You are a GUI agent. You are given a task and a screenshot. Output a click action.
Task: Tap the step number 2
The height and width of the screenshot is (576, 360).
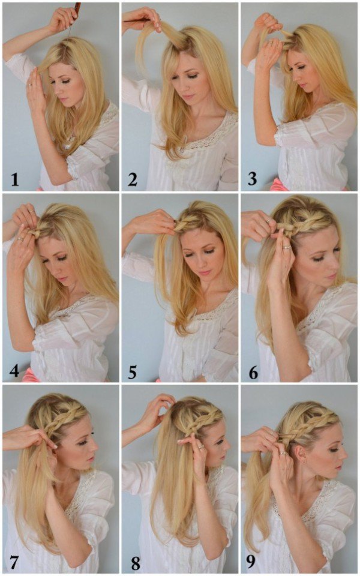tap(133, 178)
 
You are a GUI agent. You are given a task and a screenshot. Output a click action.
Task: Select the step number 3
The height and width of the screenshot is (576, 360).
tap(252, 178)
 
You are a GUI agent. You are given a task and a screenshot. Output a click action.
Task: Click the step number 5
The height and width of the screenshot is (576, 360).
tap(133, 370)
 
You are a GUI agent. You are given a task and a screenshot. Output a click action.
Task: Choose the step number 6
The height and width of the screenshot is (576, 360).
tap(253, 370)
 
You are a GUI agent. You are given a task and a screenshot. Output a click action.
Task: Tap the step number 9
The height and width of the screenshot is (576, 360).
tap(253, 562)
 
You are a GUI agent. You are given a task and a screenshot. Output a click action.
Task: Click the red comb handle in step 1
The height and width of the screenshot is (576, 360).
tap(77, 8)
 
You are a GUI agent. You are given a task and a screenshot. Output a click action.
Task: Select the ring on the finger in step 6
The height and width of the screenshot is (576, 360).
tap(287, 246)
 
